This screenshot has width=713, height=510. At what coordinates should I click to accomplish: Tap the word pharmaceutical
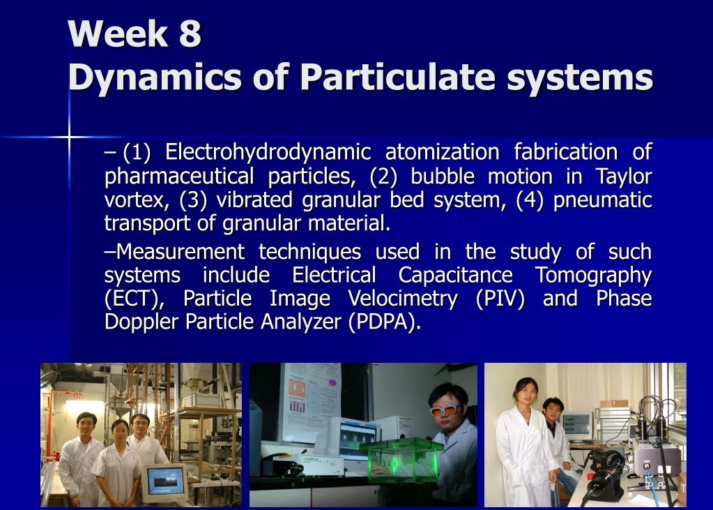tap(179, 177)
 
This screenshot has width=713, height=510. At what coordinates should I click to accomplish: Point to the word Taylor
tap(623, 177)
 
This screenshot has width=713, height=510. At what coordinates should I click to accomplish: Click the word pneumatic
tap(603, 201)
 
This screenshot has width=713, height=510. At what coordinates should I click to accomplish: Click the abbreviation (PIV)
tap(500, 299)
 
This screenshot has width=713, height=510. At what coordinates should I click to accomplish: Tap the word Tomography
tap(593, 275)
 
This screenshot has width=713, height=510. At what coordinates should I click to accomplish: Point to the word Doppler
tap(141, 323)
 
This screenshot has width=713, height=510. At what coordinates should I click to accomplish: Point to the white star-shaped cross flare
tap(70, 137)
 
